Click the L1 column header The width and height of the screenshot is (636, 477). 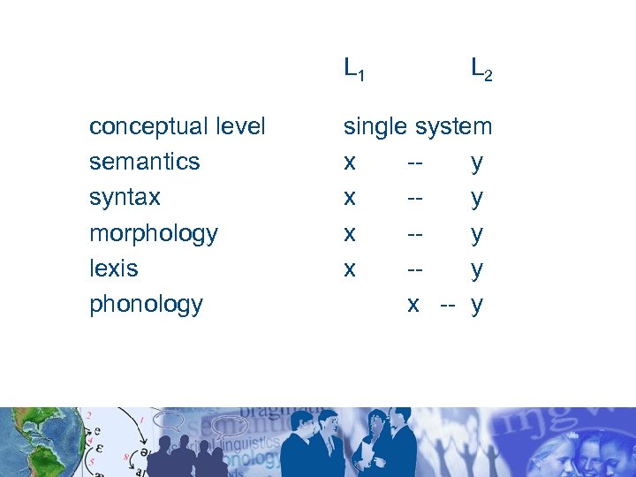353,68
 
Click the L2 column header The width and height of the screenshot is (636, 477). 481,68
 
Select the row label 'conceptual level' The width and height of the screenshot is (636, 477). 177,127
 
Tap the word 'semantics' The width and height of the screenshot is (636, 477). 144,163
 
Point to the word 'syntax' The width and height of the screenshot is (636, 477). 125,198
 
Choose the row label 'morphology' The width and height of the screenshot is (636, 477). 153,234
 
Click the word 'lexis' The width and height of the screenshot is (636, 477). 113,269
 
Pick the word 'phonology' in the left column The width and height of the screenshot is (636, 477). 146,305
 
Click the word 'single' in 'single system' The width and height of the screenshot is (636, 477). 375,127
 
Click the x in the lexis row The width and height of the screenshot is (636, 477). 350,269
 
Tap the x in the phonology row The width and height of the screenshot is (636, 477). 413,305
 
